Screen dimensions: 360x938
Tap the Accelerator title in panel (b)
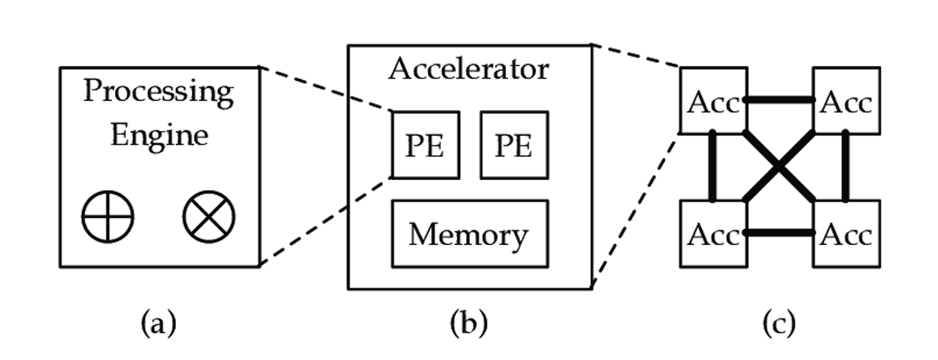pyautogui.click(x=469, y=68)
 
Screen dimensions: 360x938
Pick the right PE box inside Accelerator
pyautogui.click(x=514, y=144)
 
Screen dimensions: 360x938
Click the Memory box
pyautogui.click(x=469, y=234)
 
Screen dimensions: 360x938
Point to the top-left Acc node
pyautogui.click(x=712, y=102)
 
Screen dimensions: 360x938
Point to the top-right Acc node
pyautogui.click(x=845, y=102)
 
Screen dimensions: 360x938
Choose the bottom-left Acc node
pyautogui.click(x=712, y=234)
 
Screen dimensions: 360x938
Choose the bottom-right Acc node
pyautogui.click(x=845, y=234)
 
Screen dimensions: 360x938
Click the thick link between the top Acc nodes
pyautogui.click(x=779, y=100)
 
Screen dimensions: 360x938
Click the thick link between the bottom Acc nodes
pyautogui.click(x=779, y=233)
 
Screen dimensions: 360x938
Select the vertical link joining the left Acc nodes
pyautogui.click(x=714, y=167)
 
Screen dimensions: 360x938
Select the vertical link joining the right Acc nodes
pyautogui.click(x=845, y=167)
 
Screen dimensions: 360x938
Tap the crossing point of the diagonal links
pyautogui.click(x=779, y=167)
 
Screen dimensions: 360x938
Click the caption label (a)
pyautogui.click(x=158, y=322)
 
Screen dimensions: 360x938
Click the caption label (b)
pyautogui.click(x=469, y=322)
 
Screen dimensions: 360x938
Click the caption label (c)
pyautogui.click(x=779, y=322)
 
